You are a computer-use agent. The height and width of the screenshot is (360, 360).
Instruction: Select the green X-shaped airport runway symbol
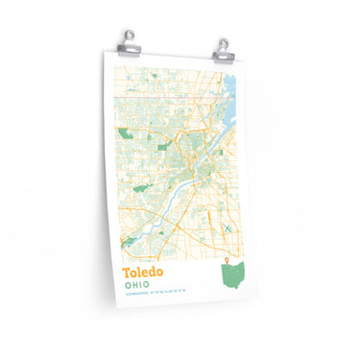[x=228, y=228]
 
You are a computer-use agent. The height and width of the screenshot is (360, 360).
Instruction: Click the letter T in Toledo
[x=127, y=273]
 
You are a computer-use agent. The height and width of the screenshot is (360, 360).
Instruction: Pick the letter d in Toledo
[x=154, y=273]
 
